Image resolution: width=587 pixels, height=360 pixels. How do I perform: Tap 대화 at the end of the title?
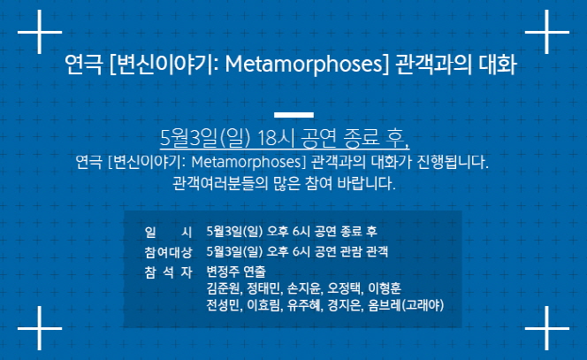[x=498, y=64]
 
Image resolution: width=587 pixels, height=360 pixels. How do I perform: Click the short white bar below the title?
[x=293, y=115]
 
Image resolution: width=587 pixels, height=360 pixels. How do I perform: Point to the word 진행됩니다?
[x=453, y=162]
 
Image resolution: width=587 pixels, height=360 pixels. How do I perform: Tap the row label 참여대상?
[x=168, y=252]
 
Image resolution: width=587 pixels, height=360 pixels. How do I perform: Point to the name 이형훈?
[x=385, y=288]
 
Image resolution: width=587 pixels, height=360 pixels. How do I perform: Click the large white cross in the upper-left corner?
[x=40, y=32]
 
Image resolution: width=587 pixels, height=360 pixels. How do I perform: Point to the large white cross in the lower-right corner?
[x=547, y=328]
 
